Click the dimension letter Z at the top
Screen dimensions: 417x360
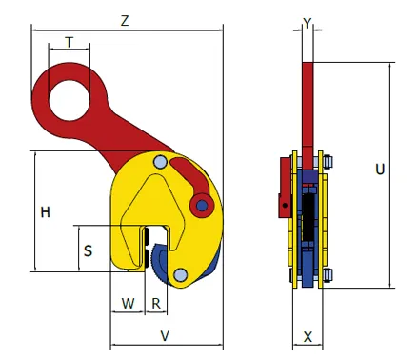pyautogui.click(x=125, y=21)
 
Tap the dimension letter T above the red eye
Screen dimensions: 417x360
pyautogui.click(x=69, y=42)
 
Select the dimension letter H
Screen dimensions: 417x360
pyautogui.click(x=46, y=212)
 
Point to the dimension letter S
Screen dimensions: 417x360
pyautogui.click(x=88, y=250)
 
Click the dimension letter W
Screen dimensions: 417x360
pyautogui.click(x=129, y=304)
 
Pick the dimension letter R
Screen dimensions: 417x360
pyautogui.click(x=156, y=304)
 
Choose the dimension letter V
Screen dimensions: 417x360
pyautogui.click(x=165, y=336)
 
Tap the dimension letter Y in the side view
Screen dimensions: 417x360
pyautogui.click(x=308, y=23)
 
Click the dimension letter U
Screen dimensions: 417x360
pyautogui.click(x=380, y=170)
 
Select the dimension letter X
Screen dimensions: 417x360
pyautogui.click(x=308, y=337)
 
